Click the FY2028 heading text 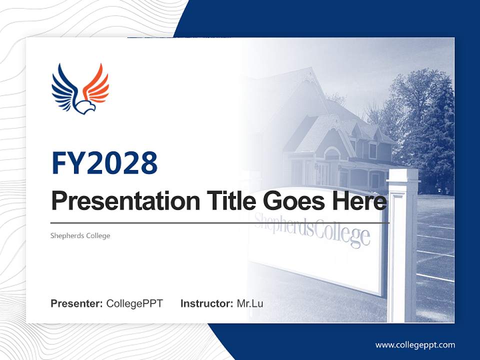coord(104,163)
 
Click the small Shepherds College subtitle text coord(80,235)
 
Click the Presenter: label coord(77,303)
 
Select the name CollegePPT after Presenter coord(134,303)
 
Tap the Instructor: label coord(206,303)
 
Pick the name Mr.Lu coord(249,303)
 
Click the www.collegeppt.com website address coord(415,344)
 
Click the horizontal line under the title coord(220,222)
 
